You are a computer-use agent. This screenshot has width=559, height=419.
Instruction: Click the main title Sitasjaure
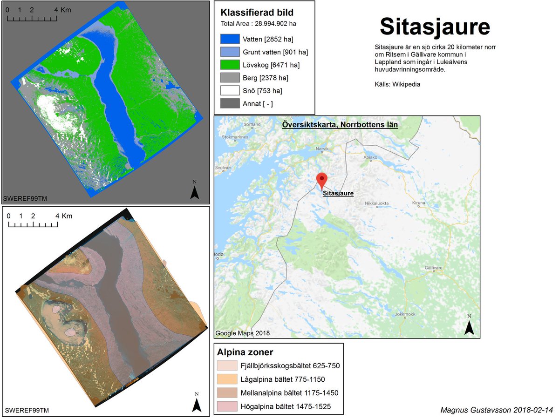435,27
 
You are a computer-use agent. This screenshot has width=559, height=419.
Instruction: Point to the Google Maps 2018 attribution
242,333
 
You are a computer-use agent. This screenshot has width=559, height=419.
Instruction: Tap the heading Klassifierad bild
257,13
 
